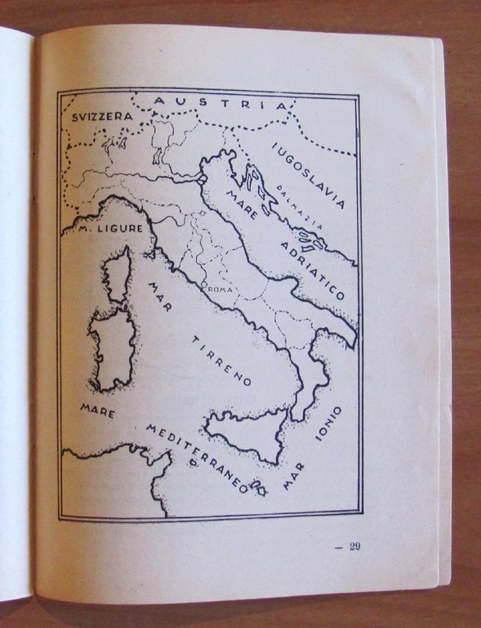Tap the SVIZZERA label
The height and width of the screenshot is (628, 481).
pyautogui.click(x=101, y=117)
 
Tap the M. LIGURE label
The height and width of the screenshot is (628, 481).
pyautogui.click(x=110, y=229)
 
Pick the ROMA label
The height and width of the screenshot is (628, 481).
pyautogui.click(x=221, y=289)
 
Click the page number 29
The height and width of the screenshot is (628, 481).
pyautogui.click(x=354, y=547)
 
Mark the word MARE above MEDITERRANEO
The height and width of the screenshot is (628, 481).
pyautogui.click(x=98, y=410)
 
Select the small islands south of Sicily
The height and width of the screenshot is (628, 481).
pyautogui.click(x=259, y=489)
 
